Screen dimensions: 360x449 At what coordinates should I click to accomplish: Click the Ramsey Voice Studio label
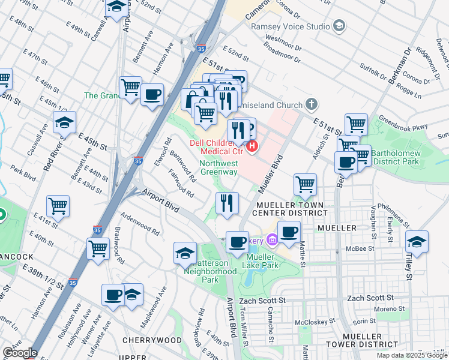291,26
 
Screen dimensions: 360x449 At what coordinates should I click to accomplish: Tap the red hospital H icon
253,145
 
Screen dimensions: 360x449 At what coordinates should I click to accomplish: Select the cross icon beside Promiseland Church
310,104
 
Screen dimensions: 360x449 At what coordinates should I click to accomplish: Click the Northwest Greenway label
219,167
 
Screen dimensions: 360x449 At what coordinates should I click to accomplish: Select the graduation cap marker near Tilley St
417,241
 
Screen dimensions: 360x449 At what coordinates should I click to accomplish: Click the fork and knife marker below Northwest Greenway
227,203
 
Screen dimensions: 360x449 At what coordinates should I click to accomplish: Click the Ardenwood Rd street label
140,222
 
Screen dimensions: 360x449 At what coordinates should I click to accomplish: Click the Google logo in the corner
19,353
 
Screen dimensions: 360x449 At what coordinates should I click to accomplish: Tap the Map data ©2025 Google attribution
412,355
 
